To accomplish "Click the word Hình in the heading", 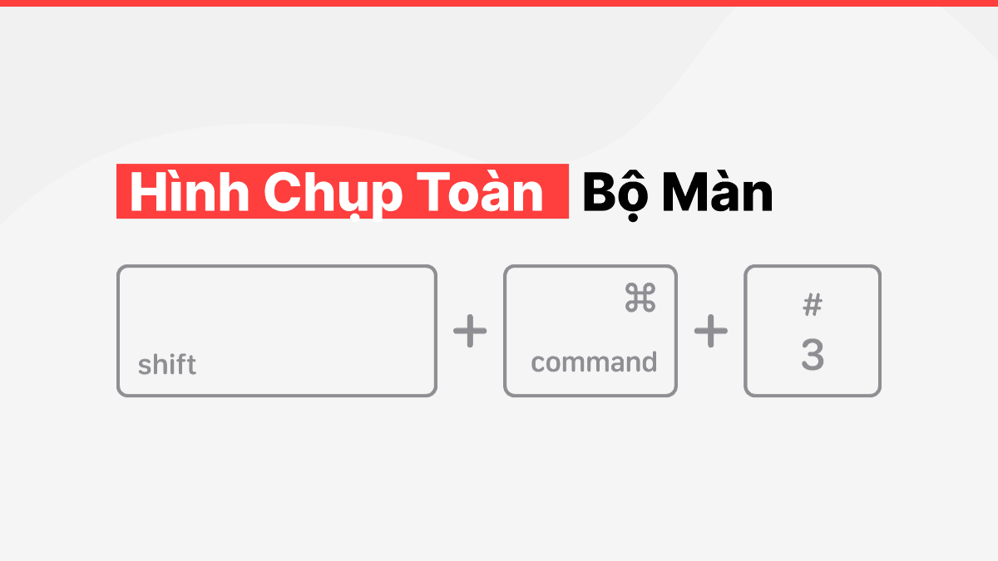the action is point(190,192).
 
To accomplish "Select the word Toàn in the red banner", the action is point(479,192).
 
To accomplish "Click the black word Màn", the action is point(718,192).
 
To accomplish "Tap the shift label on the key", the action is point(167,365).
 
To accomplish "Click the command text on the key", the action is point(594,362).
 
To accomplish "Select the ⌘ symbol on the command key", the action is point(640,298).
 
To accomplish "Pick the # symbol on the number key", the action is point(813,304).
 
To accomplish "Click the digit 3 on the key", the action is point(813,354).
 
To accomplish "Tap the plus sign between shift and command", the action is point(470,331).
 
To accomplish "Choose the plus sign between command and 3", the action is point(711,331).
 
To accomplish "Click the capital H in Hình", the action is point(148,192).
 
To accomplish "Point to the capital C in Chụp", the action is point(281,192).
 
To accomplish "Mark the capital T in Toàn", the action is point(432,192).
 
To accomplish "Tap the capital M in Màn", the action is point(685,192).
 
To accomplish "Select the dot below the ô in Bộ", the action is point(633,217).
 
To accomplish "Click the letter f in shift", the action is point(180,365).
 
